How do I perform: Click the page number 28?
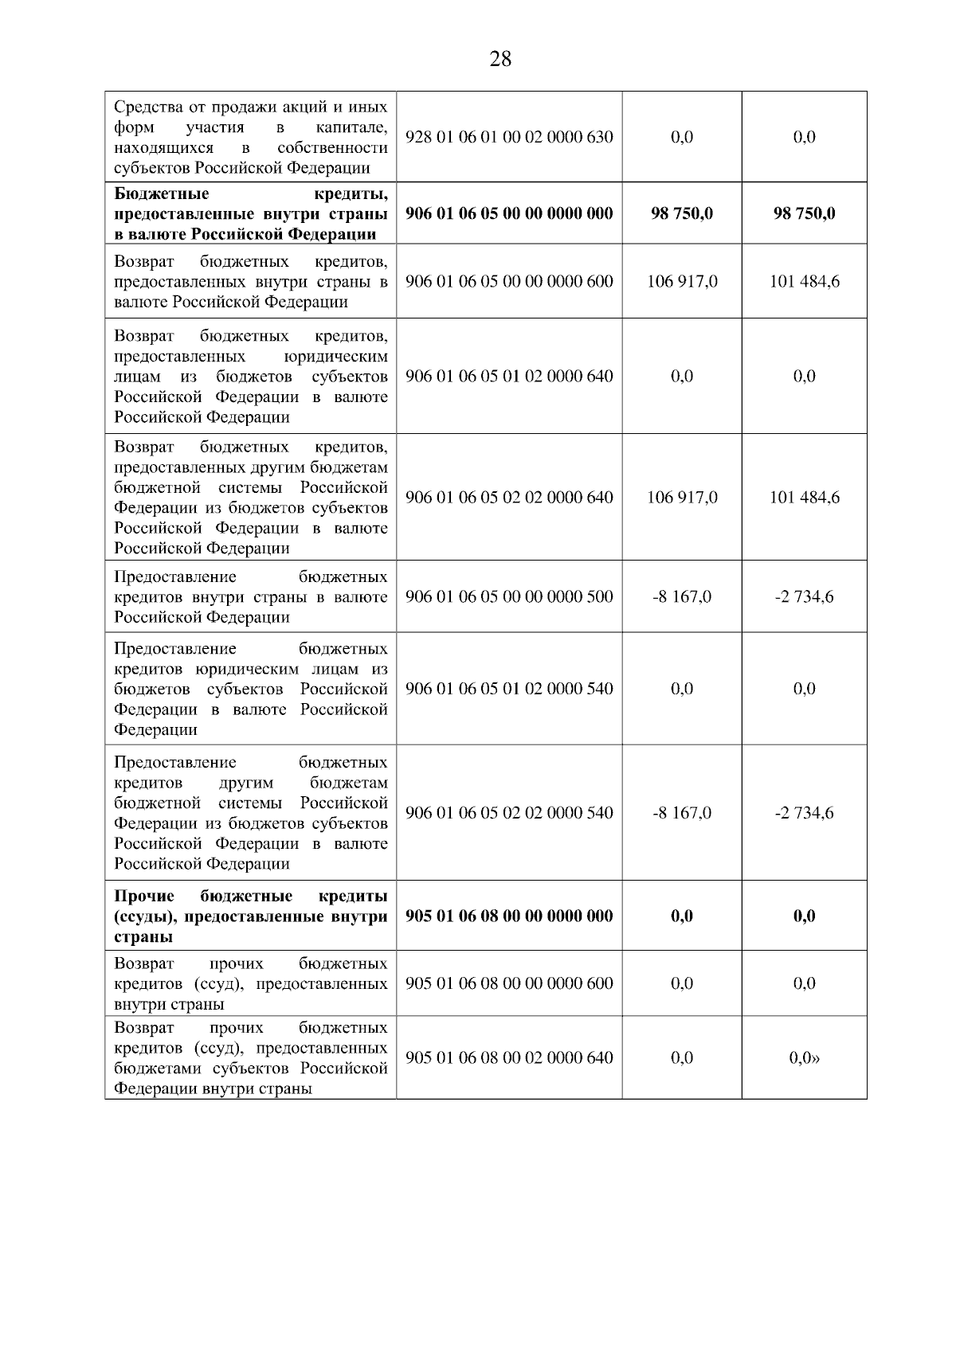pyautogui.click(x=500, y=59)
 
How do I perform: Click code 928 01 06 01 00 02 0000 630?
pyautogui.click(x=509, y=137)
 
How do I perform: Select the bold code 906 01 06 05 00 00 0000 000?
pyautogui.click(x=509, y=213)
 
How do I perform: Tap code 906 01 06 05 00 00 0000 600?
pyautogui.click(x=509, y=281)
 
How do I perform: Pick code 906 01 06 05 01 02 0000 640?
pyautogui.click(x=509, y=376)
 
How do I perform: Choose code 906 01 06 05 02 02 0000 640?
pyautogui.click(x=509, y=498)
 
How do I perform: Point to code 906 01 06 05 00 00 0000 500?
pyautogui.click(x=509, y=596)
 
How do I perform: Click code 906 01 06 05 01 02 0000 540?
pyautogui.click(x=509, y=689)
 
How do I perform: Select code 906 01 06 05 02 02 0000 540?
pyautogui.click(x=509, y=813)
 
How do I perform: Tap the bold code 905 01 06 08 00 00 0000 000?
pyautogui.click(x=509, y=916)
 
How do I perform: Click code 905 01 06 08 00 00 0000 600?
pyautogui.click(x=509, y=983)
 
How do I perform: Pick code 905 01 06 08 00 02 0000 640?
pyautogui.click(x=509, y=1057)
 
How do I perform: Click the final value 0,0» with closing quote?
pyautogui.click(x=805, y=1057)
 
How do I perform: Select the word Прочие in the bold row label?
pyautogui.click(x=144, y=896)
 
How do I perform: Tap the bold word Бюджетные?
pyautogui.click(x=162, y=193)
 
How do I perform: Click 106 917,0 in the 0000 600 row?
pyautogui.click(x=682, y=281)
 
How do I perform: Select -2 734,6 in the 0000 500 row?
pyautogui.click(x=804, y=596)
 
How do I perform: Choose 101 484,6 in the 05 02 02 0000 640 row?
pyautogui.click(x=804, y=498)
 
